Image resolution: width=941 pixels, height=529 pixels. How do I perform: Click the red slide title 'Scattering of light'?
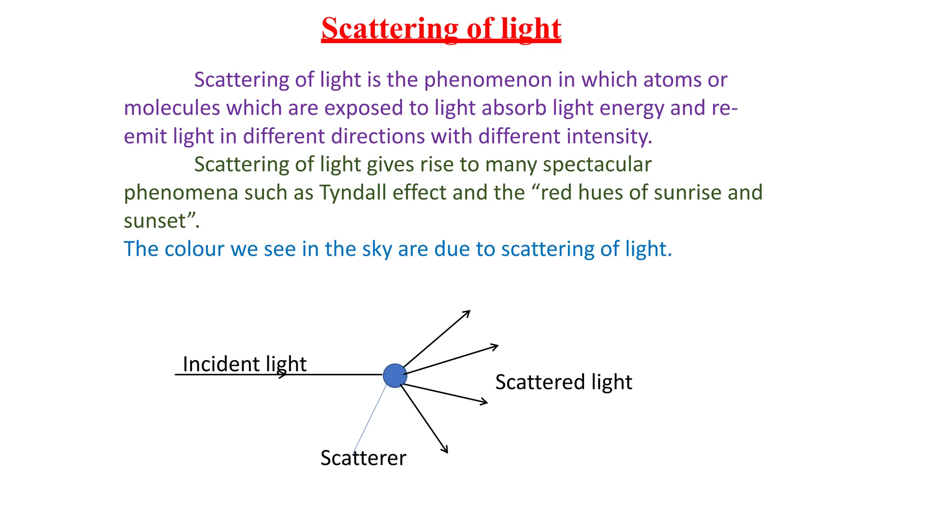[441, 28]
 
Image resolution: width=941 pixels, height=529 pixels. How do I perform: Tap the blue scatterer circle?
[395, 376]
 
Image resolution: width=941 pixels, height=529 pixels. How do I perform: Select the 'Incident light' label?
[244, 364]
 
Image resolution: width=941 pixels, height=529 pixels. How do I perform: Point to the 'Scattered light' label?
[563, 382]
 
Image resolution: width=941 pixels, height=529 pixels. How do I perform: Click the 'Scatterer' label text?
[363, 458]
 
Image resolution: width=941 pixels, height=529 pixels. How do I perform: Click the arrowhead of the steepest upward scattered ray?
[468, 312]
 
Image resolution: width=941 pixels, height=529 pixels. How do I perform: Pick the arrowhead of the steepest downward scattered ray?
[445, 450]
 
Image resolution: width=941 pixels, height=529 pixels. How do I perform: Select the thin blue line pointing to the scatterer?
[370, 418]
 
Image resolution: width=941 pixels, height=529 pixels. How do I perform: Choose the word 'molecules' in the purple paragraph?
[172, 108]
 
